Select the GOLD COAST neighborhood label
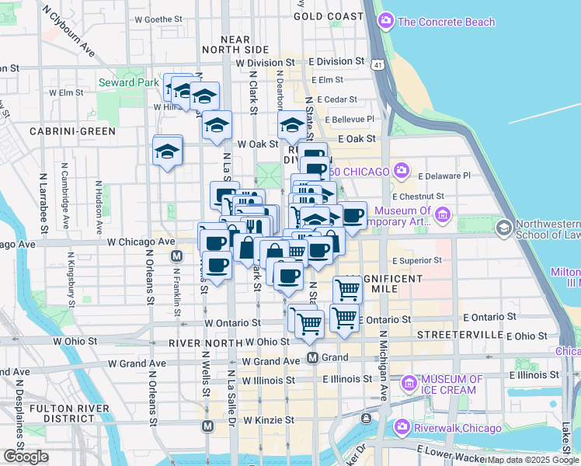coord(329,16)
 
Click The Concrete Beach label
coord(446,22)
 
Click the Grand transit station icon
coord(312,357)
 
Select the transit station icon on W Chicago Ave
coord(177,256)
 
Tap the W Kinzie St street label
coord(268,420)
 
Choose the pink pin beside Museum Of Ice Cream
coord(409,383)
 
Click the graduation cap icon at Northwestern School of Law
coord(503,228)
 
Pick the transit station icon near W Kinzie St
coord(207,426)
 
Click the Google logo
coord(26,456)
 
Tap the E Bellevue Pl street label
coord(350,119)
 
